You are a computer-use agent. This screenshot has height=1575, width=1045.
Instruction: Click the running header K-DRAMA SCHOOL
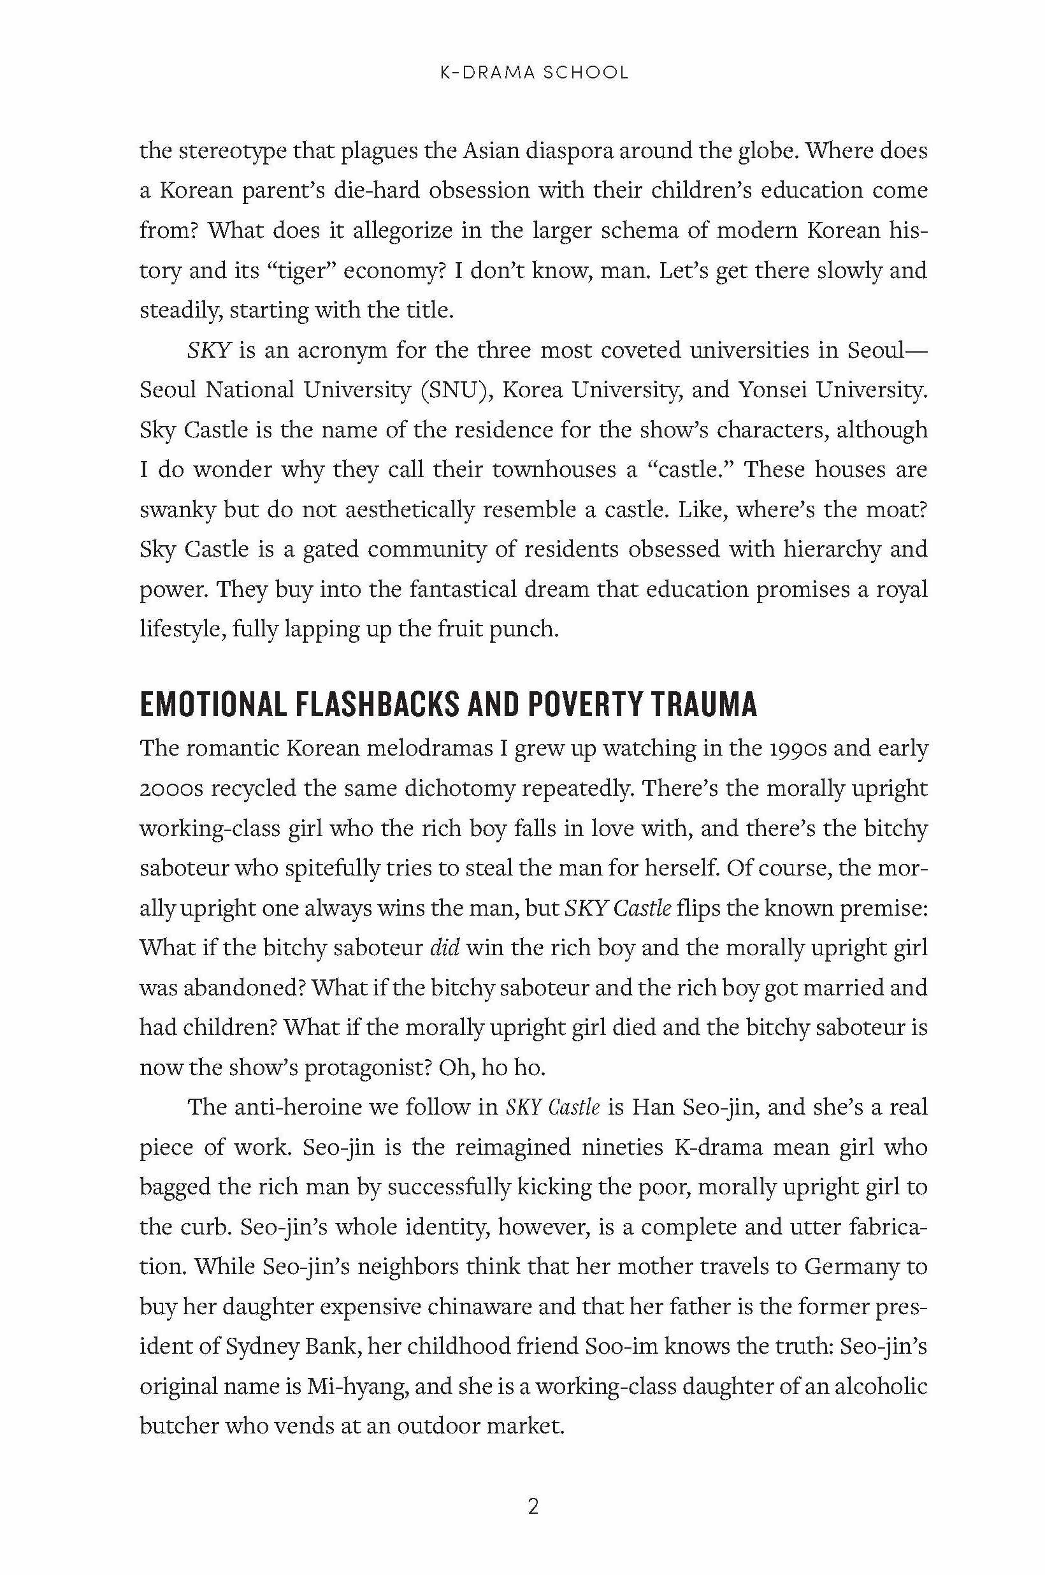coord(534,73)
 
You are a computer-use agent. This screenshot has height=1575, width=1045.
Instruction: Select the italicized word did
coord(445,948)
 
